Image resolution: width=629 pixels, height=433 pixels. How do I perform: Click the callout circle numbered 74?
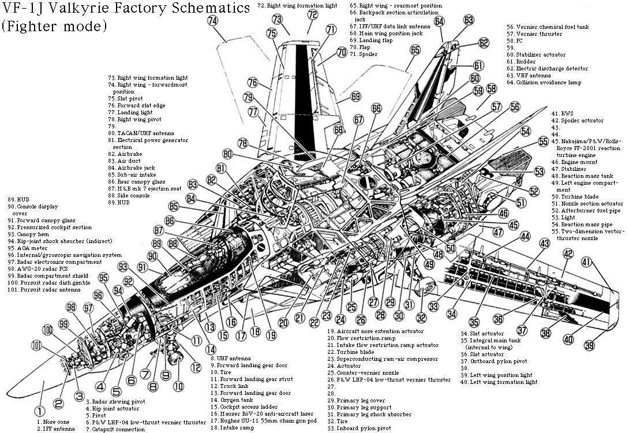pos(213,20)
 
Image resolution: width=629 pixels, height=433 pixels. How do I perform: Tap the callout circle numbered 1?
pos(39,412)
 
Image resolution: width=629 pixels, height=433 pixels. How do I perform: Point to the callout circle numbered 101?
pos(37,346)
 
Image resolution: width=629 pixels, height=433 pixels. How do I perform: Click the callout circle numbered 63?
pos(469,20)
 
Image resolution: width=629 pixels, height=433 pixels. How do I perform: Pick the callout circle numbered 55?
pos(542,141)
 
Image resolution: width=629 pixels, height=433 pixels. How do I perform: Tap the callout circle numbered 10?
pos(178,385)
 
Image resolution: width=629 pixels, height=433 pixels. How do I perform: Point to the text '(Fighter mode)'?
pos(54,26)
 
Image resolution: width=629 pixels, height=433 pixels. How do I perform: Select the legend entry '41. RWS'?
pos(563,114)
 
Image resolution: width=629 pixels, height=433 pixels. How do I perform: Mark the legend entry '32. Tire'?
pos(341,421)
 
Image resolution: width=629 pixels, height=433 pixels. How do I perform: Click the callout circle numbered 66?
pos(376,108)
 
